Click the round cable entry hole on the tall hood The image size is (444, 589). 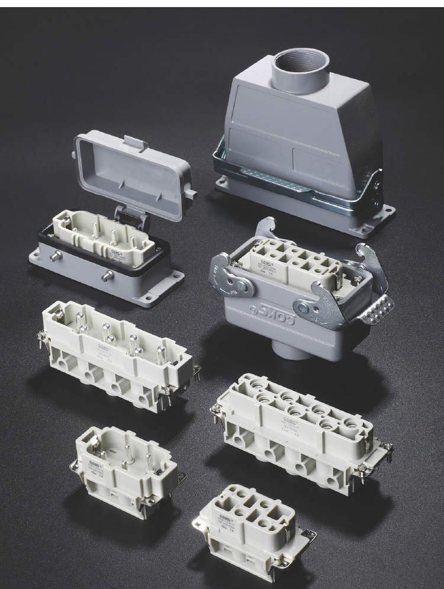[300, 70]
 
